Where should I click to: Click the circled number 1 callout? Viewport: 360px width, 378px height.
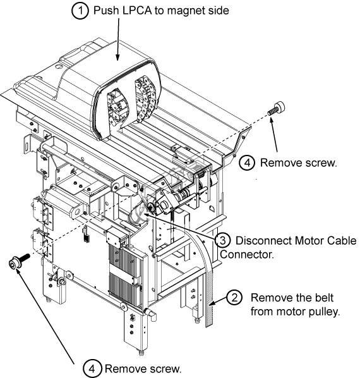pos(80,11)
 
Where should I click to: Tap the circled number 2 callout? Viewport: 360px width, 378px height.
pos(234,298)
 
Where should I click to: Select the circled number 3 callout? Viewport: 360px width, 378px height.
pos(223,240)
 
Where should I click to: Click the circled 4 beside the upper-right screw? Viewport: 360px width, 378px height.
pos(247,162)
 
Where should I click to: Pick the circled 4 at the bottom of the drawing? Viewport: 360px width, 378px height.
pos(92,369)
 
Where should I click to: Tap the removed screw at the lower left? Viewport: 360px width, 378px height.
pos(19,261)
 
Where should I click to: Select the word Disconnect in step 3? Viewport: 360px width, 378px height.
pos(263,241)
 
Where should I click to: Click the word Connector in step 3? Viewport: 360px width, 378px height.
pos(247,254)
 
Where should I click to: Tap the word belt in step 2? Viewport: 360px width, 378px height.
pos(323,298)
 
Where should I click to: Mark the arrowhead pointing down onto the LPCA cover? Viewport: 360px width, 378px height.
pos(117,57)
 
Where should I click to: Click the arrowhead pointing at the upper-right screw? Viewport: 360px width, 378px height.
pos(271,120)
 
